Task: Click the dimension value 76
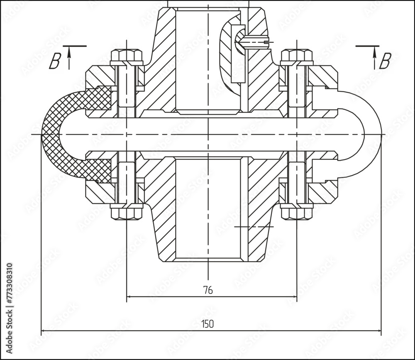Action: (x=208, y=290)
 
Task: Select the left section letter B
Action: (x=54, y=61)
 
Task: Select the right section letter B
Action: (x=385, y=61)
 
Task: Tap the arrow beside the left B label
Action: (x=69, y=57)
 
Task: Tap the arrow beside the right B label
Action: (x=374, y=57)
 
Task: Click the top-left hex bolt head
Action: (x=127, y=56)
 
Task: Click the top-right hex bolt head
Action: (x=297, y=56)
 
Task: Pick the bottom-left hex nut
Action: (x=127, y=212)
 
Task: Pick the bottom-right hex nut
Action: (x=297, y=212)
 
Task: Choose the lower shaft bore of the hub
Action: (x=208, y=208)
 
